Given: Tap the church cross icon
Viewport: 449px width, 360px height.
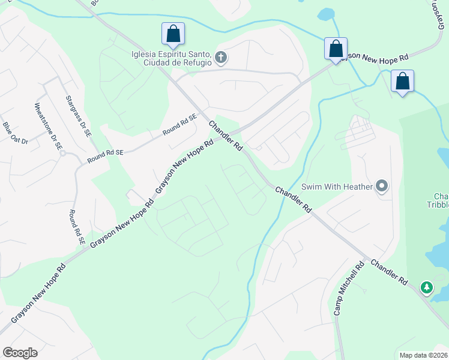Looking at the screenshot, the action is (221, 58).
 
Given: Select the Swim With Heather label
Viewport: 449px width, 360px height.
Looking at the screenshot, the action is (337, 186).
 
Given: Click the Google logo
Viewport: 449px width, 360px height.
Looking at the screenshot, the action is (20, 352).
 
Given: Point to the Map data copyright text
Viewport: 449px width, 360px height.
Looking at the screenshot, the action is (424, 355).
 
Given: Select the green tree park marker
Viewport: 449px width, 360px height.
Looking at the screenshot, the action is (427, 288).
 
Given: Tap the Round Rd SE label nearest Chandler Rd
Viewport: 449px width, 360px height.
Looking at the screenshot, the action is (179, 126).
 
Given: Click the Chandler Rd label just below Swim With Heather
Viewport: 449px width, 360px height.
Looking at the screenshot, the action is (294, 199).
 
